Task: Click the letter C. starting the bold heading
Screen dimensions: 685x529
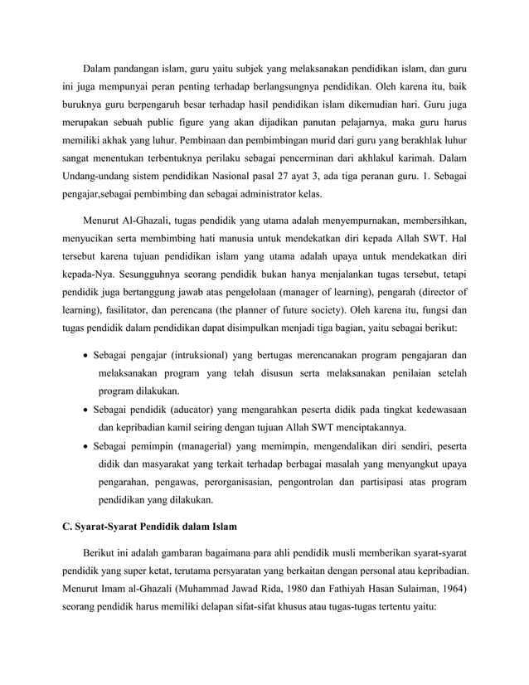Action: pos(70,527)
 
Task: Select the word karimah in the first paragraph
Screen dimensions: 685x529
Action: pos(436,158)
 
